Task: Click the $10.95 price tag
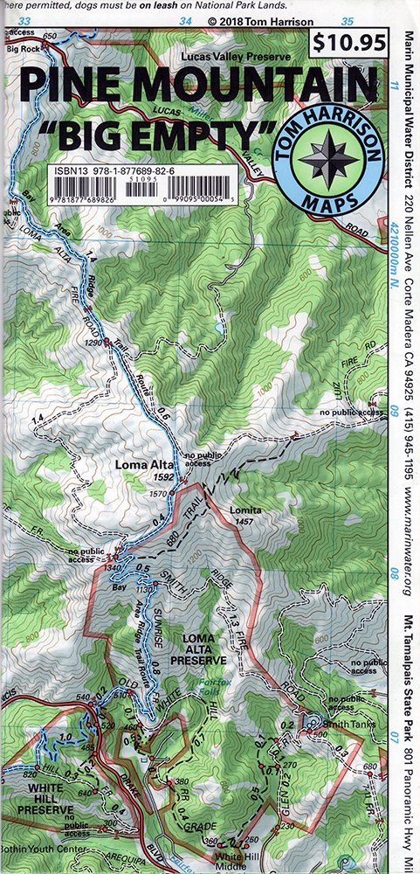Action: point(348,42)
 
